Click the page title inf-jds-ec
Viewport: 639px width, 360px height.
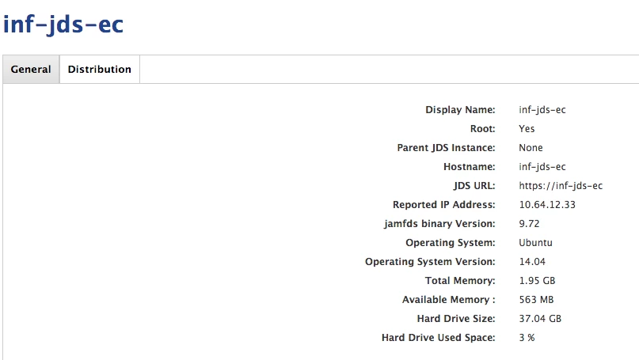[63, 24]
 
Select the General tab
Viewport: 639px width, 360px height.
[31, 70]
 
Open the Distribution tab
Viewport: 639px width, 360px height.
[100, 70]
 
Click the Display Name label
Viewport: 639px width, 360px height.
[460, 110]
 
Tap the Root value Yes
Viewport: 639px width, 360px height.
[527, 129]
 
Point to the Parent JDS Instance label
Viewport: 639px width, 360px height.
[446, 148]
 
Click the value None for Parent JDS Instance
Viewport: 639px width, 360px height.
[531, 148]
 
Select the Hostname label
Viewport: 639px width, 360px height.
[469, 167]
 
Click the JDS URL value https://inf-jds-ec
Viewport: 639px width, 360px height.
[561, 186]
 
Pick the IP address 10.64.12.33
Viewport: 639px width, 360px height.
[547, 205]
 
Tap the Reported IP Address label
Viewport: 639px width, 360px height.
[443, 205]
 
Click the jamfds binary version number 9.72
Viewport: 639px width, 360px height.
[529, 224]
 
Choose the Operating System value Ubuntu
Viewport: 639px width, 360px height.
[535, 243]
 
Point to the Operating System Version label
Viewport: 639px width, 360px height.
[430, 262]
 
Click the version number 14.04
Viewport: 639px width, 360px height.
[532, 262]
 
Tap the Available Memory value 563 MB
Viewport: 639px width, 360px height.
[536, 300]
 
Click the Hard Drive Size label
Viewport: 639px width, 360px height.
[455, 319]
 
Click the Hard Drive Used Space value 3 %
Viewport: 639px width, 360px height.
[527, 338]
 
